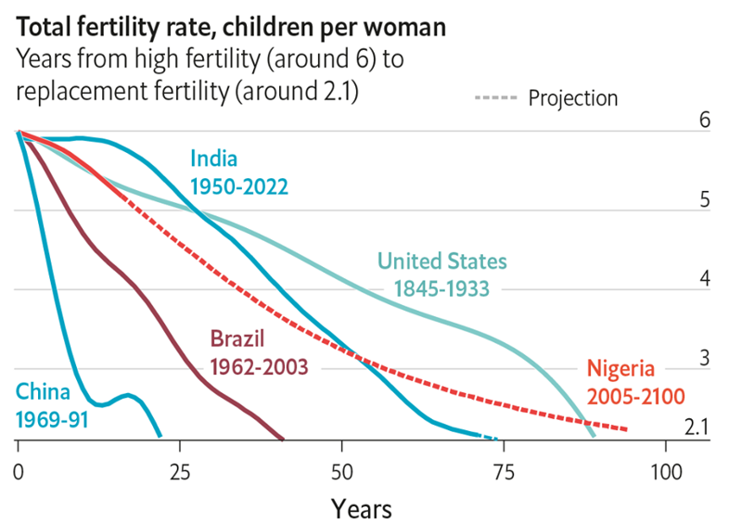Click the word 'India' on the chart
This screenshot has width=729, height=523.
click(214, 159)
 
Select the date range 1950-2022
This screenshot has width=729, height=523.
click(239, 187)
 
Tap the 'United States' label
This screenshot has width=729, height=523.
click(442, 261)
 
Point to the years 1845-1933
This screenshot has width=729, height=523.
click(441, 288)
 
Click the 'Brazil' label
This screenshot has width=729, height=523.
click(237, 338)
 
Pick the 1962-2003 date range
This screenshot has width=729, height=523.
click(259, 367)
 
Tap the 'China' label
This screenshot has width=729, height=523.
click(43, 392)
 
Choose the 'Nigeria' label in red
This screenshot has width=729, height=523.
click(620, 368)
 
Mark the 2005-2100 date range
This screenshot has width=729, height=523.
click(635, 397)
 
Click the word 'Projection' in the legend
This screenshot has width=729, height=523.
click(573, 98)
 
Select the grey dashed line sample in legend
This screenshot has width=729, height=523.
click(495, 97)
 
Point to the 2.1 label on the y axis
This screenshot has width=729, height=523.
click(697, 427)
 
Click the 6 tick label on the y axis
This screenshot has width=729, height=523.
click(705, 120)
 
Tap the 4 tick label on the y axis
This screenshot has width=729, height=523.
click(705, 278)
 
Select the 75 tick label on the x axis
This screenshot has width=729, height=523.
click(504, 472)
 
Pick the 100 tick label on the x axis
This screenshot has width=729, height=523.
click(666, 472)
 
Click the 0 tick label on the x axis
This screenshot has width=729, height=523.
click(19, 472)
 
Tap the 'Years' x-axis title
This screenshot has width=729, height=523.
click(361, 508)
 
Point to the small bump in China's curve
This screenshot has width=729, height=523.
click(126, 396)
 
